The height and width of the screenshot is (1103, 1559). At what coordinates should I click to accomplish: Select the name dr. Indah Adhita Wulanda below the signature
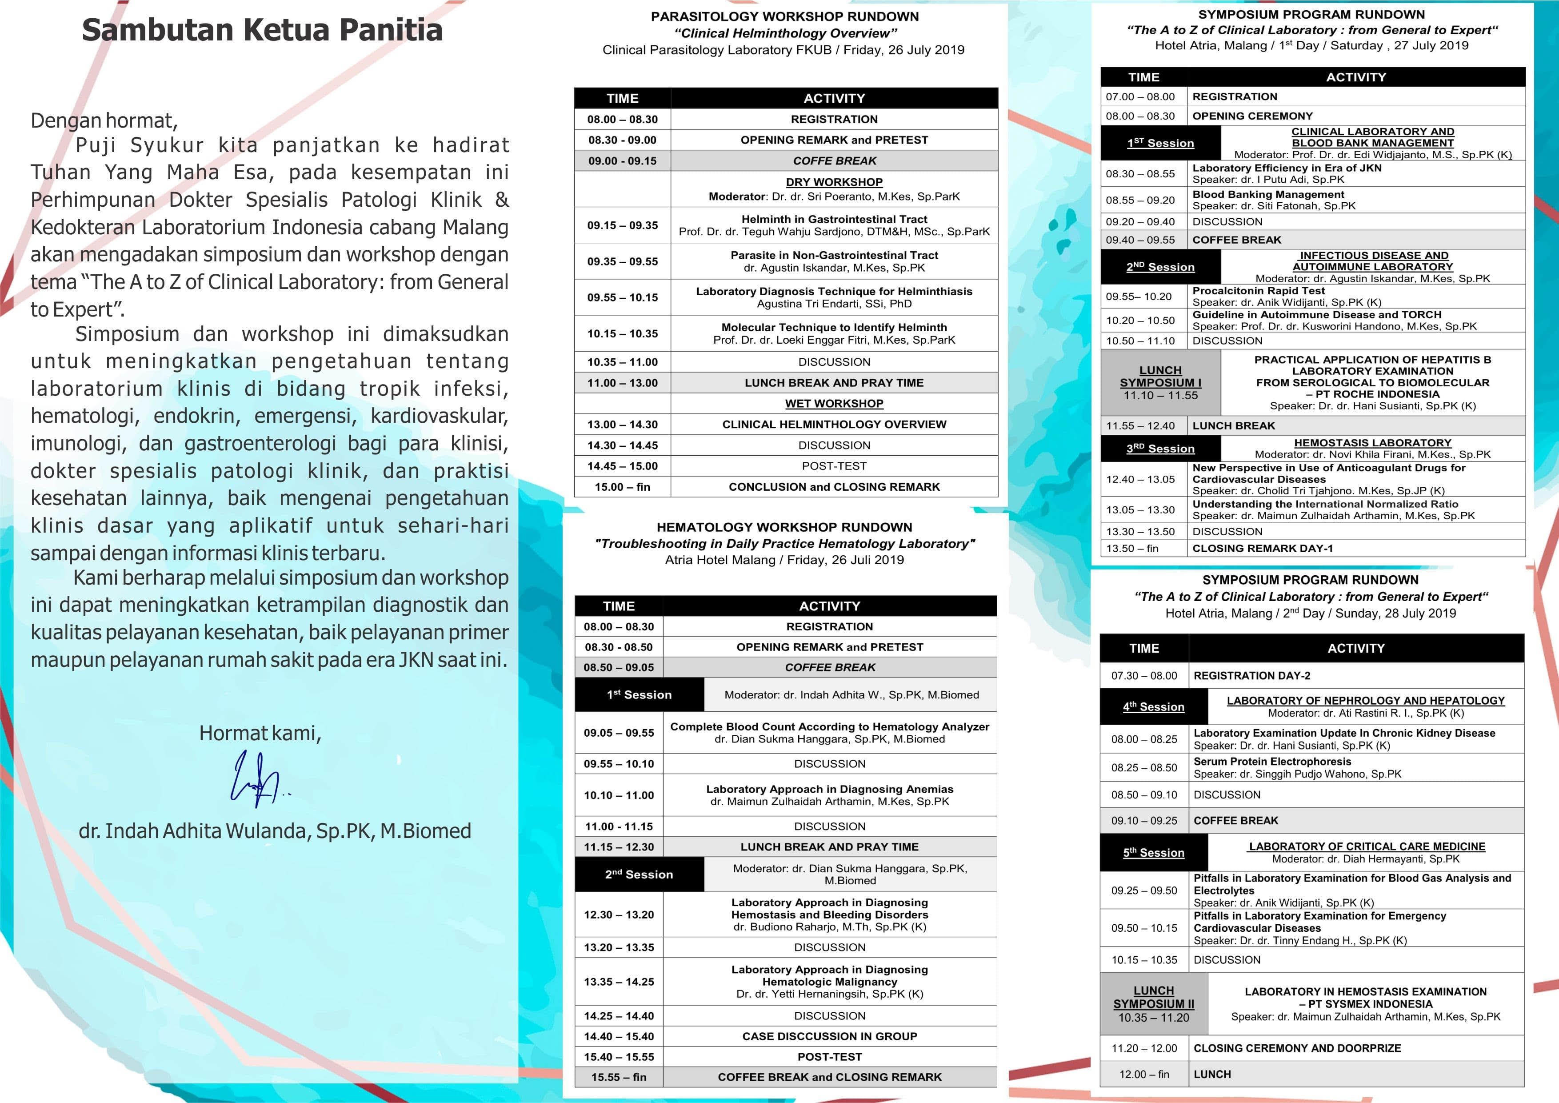(x=274, y=830)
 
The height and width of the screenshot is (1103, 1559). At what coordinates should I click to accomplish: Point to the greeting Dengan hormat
(x=104, y=121)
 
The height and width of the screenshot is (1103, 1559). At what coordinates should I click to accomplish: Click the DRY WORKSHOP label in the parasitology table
(x=834, y=182)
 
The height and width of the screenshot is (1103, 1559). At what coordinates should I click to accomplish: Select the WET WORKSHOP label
(x=834, y=403)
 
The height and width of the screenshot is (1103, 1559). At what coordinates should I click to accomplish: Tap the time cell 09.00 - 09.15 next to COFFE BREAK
(x=622, y=161)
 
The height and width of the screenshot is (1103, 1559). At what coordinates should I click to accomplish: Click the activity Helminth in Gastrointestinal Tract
(x=834, y=219)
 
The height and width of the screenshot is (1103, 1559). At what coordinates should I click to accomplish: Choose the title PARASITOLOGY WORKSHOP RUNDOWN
(x=784, y=16)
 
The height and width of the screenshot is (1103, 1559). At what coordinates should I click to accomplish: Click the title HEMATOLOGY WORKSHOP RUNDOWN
(x=784, y=527)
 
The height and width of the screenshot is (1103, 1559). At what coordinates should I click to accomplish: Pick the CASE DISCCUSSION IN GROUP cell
(x=829, y=1036)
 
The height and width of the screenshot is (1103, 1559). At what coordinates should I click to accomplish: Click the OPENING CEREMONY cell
(x=1252, y=116)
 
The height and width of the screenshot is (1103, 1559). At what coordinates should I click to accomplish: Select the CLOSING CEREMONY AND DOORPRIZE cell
(x=1297, y=1048)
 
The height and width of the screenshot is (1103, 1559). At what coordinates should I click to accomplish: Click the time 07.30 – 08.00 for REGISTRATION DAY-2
(x=1144, y=676)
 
